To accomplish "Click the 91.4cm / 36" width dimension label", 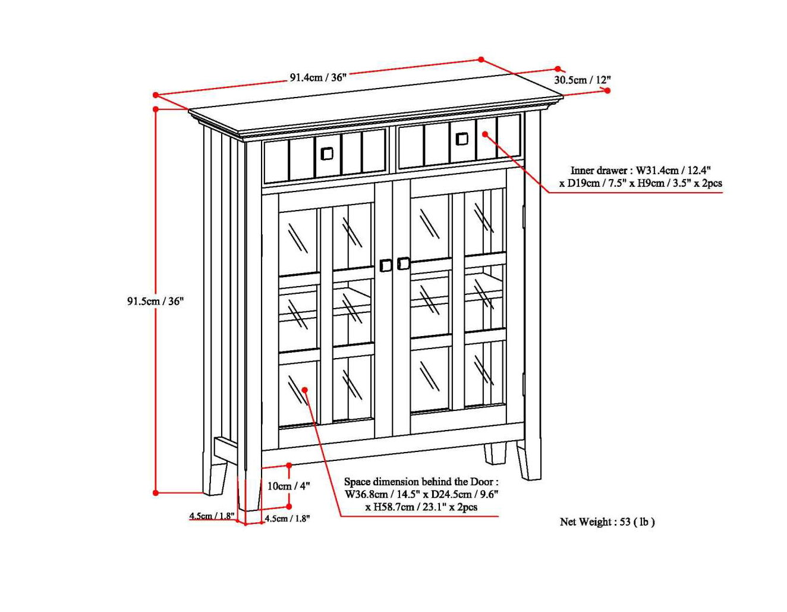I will click(x=317, y=77).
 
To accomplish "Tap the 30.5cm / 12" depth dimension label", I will click(x=582, y=80).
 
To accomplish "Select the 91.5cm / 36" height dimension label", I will click(x=155, y=301).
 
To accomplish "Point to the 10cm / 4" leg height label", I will click(x=288, y=486).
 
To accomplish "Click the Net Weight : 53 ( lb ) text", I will click(x=607, y=522).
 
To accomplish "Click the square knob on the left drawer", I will click(x=327, y=153).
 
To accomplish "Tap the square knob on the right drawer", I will click(x=462, y=139).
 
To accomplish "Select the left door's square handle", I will click(x=386, y=265).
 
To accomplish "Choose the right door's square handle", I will click(x=404, y=263).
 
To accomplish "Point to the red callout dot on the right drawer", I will click(x=485, y=134).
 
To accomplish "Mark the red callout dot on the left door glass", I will click(x=304, y=390).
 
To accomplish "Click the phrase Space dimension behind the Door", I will click(x=421, y=482).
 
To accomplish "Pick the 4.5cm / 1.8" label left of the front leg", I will click(x=212, y=516).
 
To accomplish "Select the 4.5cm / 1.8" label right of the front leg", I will click(x=287, y=519).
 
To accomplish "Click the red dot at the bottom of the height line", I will click(x=156, y=492).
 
